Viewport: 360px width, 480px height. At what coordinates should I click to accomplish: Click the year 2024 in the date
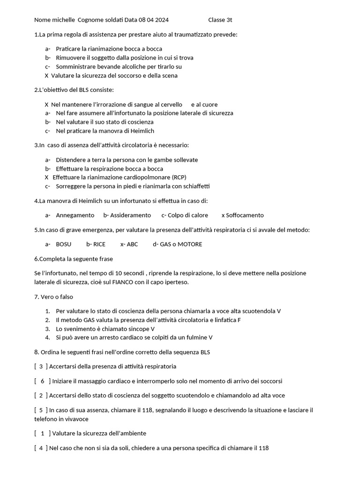tap(161, 20)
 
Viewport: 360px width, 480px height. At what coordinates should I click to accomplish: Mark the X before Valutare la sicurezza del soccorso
tap(46, 75)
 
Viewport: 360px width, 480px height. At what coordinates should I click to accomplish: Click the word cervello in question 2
tap(171, 105)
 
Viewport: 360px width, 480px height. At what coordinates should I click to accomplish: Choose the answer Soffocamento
tap(245, 215)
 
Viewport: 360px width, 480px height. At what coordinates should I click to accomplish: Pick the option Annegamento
tap(75, 215)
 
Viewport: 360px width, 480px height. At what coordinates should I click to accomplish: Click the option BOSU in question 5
tap(64, 244)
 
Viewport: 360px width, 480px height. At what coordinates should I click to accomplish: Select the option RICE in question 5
tap(99, 244)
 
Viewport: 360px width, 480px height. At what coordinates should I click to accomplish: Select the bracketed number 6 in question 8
tap(43, 381)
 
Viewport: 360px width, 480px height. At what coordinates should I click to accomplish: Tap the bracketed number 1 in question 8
tap(43, 433)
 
